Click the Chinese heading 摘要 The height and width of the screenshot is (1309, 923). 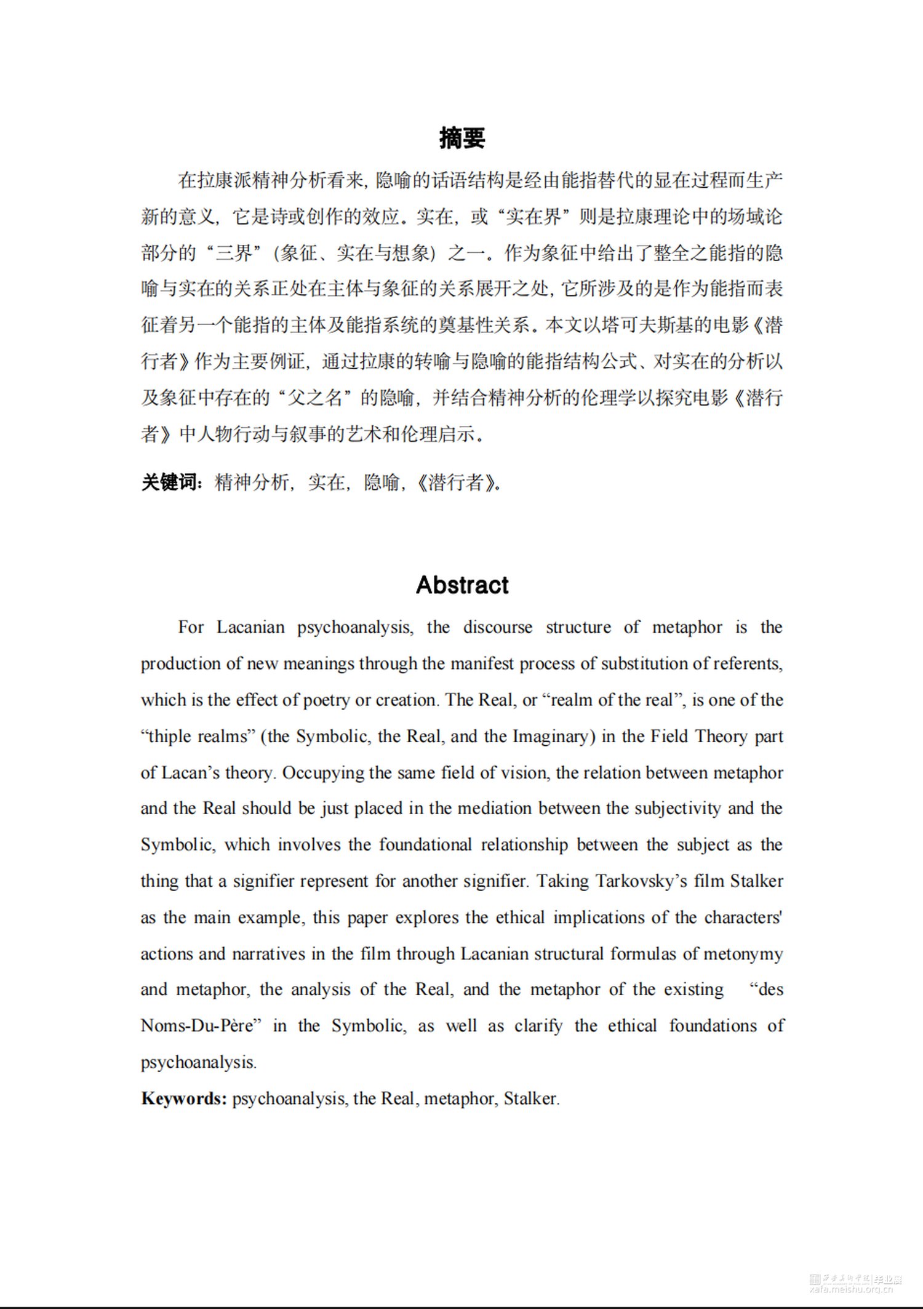462,138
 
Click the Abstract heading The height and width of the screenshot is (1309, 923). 462,585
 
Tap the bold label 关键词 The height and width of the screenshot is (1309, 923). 170,482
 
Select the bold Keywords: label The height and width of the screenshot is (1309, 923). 184,1099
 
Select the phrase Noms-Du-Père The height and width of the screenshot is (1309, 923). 198,1026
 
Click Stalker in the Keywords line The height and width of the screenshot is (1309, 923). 530,1099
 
